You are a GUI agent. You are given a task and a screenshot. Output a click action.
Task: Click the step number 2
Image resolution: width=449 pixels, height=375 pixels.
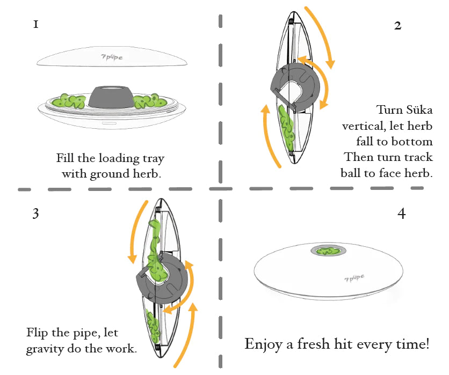point(397,25)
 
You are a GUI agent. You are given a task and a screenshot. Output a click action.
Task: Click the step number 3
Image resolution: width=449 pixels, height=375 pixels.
point(35,214)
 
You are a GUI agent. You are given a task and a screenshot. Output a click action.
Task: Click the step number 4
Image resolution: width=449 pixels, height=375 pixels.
point(401,213)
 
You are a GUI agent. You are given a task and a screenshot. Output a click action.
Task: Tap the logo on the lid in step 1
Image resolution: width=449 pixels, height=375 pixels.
point(111,55)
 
